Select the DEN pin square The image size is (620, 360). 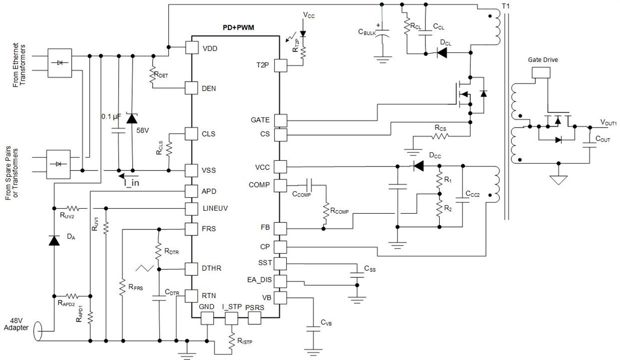coord(192,88)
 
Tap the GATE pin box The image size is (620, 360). coord(280,121)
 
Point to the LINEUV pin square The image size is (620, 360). coord(192,208)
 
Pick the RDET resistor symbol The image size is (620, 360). coord(152,76)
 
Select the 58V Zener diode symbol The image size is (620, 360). coord(132,119)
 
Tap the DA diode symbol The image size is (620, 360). coord(54,240)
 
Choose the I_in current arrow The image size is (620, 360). coord(127,176)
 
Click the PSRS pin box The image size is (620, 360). coord(254,318)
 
